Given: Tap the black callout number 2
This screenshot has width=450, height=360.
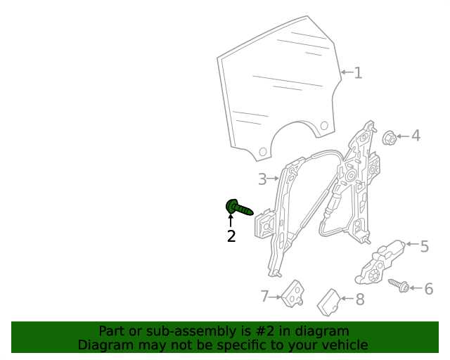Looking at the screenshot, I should [231, 237].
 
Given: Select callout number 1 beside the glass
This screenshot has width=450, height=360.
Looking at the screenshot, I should [358, 72].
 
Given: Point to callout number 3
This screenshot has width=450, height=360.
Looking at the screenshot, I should [262, 179].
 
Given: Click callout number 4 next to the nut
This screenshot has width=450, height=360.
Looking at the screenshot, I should [416, 135].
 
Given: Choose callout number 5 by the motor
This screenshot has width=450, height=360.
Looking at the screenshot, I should [424, 247].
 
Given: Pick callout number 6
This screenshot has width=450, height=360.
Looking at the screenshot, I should [428, 288].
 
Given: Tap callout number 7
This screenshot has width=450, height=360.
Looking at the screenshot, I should [265, 297].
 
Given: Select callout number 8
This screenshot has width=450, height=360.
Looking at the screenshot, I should [359, 300].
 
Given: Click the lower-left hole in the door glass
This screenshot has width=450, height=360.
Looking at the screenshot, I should [262, 150].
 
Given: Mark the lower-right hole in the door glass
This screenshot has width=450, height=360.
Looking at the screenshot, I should [324, 125].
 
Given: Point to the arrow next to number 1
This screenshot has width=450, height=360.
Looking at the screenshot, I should [346, 72].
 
